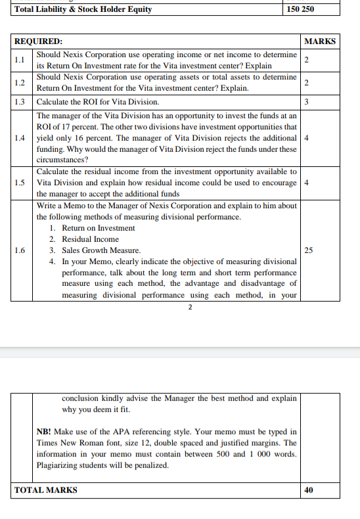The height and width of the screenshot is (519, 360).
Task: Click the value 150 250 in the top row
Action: (301, 9)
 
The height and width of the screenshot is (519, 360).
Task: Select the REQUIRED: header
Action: (39, 41)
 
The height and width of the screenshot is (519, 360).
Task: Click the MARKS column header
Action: (321, 41)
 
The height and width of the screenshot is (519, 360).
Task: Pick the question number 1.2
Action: (20, 83)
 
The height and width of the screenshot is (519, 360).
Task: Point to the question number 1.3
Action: (20, 102)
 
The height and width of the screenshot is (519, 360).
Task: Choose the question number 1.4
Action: (20, 138)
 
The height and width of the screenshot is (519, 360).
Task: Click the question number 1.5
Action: (20, 183)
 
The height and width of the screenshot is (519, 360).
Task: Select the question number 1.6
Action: (20, 250)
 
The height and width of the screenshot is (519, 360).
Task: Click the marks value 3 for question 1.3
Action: (307, 102)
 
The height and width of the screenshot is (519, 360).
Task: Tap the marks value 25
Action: (309, 250)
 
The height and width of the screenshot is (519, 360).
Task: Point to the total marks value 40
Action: (309, 490)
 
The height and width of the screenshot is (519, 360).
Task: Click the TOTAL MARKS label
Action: (46, 490)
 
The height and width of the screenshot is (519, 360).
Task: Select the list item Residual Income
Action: (91, 239)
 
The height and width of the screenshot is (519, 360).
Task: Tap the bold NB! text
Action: (45, 432)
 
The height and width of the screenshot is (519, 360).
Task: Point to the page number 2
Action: (190, 307)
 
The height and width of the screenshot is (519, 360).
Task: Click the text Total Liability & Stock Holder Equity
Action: (83, 9)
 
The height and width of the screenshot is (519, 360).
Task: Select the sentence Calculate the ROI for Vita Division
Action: (97, 102)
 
